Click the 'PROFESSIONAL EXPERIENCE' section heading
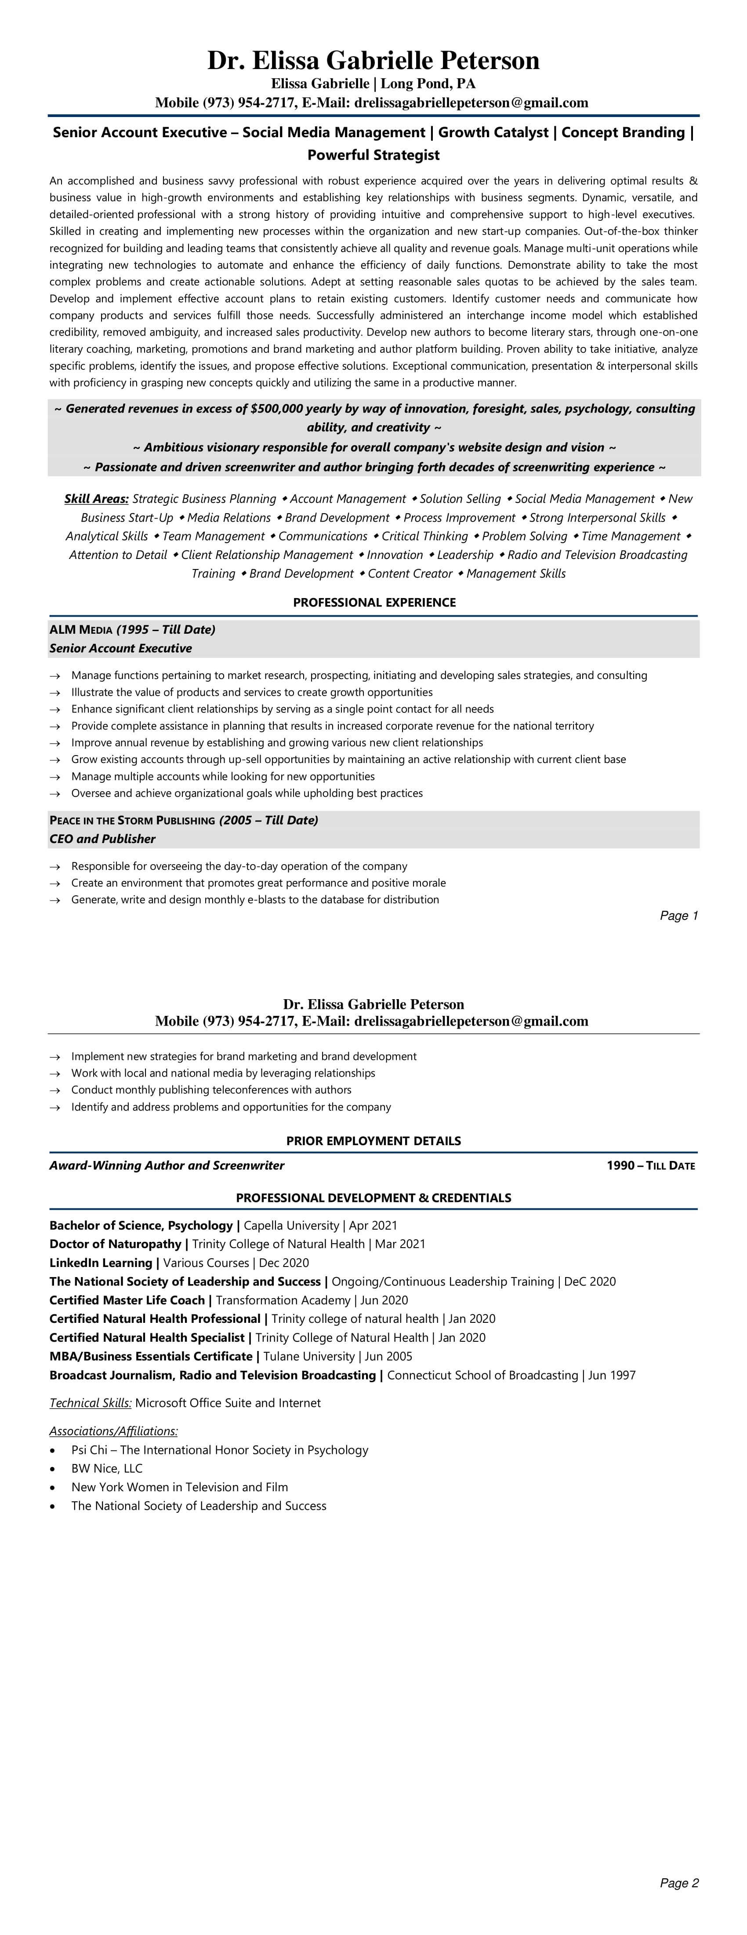point(374,602)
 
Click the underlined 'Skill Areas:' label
point(97,499)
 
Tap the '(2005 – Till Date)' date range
point(268,820)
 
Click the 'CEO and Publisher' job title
point(102,839)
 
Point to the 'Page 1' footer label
point(679,916)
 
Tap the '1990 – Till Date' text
point(650,1166)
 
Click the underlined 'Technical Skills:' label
point(90,1403)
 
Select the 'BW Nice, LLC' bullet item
point(107,1468)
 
